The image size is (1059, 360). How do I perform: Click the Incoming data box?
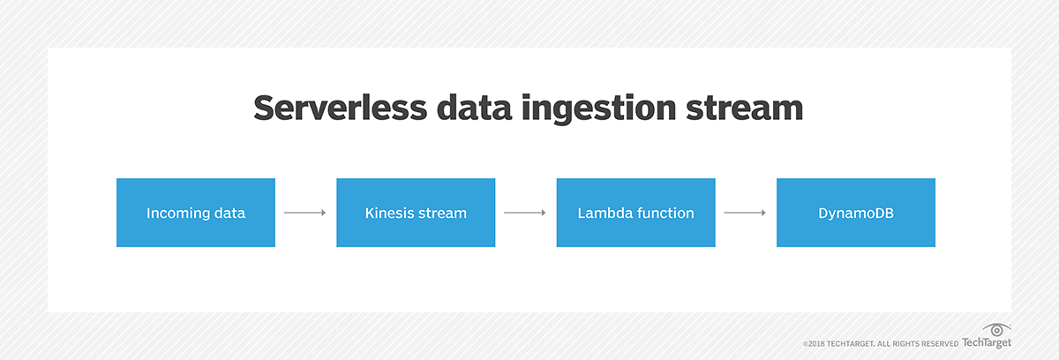click(195, 212)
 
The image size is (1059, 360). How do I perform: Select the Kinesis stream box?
click(415, 212)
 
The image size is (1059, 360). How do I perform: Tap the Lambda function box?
click(635, 212)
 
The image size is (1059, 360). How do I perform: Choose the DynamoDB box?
click(855, 212)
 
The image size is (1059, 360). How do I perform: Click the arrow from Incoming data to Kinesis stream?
click(305, 213)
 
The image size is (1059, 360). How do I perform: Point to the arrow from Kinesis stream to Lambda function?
click(525, 213)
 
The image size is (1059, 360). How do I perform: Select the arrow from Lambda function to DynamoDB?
click(746, 213)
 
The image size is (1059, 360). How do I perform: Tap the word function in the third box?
click(664, 213)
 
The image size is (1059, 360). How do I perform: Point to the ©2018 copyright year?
click(815, 344)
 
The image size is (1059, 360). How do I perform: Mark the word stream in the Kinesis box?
click(443, 213)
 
